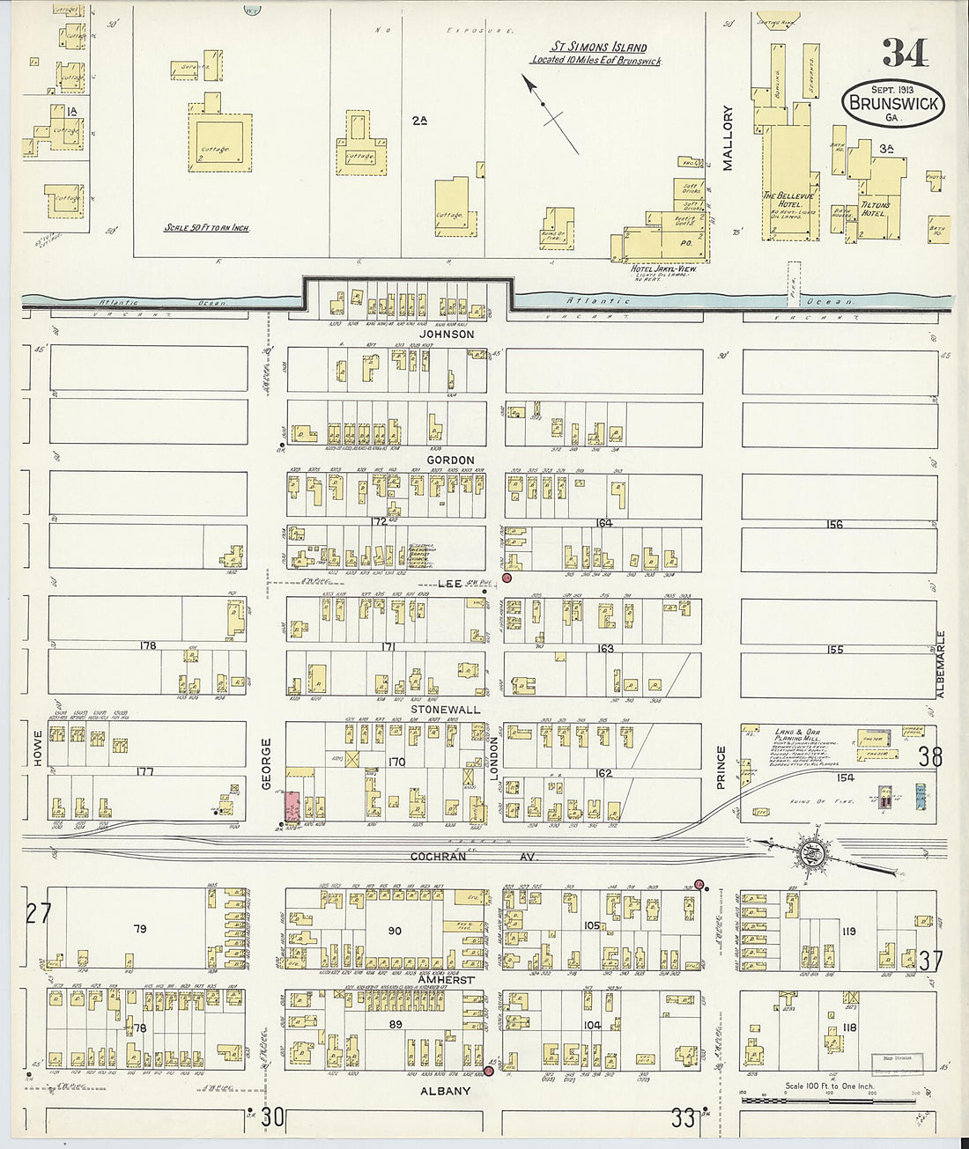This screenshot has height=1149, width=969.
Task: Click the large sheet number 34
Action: coord(905,54)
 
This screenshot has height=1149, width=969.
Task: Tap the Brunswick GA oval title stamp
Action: coord(892,103)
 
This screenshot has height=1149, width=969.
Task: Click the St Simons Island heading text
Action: coord(599,48)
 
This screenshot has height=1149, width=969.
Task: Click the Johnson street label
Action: coord(446,335)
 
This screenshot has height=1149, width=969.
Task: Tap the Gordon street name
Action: coord(450,460)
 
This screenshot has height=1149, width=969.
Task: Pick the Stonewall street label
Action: coord(445,709)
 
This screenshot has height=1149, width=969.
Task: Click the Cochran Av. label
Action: coord(474,856)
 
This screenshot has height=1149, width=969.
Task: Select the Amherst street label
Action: coord(446,979)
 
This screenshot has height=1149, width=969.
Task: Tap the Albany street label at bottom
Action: coord(445,1091)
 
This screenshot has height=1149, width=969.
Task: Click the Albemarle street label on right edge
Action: coord(940,664)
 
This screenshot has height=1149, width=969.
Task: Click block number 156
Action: coord(834,524)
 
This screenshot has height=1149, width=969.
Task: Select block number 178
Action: coord(147,645)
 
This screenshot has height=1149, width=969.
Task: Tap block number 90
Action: coord(394,931)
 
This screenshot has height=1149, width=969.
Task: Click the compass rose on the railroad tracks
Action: coord(810,849)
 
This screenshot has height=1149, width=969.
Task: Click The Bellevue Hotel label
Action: coord(782,200)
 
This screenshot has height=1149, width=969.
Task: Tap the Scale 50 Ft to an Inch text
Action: coord(206,227)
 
